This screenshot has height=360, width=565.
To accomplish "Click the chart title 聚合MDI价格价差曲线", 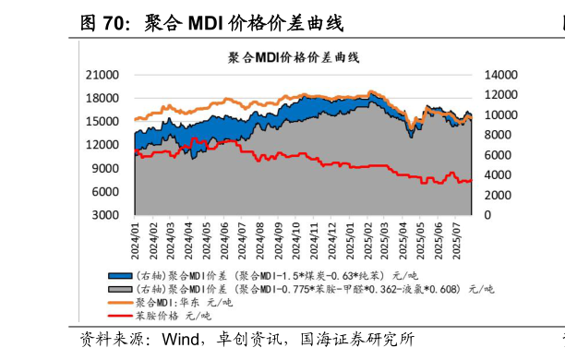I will coord(295,58).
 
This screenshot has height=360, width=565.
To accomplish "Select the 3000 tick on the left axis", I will coord(105,214).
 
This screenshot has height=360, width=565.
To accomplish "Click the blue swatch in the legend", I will coord(119,276).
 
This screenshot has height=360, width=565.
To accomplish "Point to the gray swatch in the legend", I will coord(119,289).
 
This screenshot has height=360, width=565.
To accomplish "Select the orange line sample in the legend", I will coord(119,302).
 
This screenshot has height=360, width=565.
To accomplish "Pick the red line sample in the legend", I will coord(119,316).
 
